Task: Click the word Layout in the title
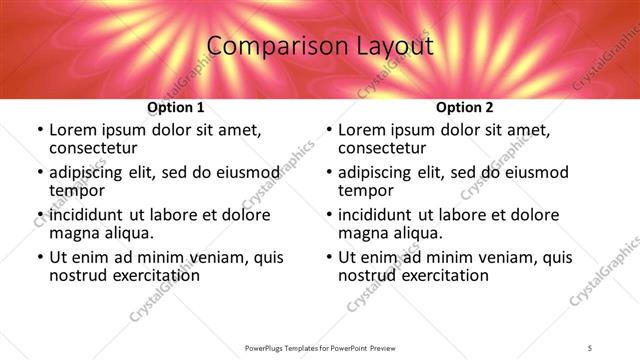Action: point(390,46)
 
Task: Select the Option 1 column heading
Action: point(176,107)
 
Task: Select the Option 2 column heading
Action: point(465,107)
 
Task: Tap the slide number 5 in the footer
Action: point(590,346)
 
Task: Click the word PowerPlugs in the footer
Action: point(267,346)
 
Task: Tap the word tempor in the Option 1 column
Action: point(76,190)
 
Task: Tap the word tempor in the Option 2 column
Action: point(365,190)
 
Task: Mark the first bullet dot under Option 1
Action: point(39,131)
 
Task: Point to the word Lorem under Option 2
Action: point(363,130)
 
